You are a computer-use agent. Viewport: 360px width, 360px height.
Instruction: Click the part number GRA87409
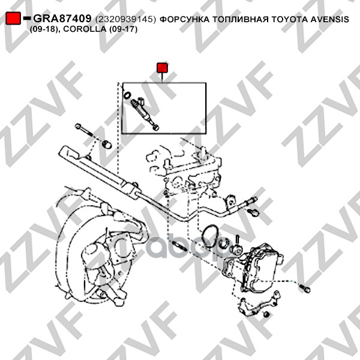coord(62,19)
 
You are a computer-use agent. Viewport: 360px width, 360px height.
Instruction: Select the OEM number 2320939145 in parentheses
coord(125,20)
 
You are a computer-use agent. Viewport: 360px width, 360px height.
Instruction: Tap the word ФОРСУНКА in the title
coord(184,20)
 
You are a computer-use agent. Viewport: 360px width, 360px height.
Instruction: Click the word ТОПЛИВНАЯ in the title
coord(240,20)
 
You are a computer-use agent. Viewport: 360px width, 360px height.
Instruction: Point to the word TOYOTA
coord(290,20)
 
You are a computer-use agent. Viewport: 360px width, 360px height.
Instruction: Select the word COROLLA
coord(85,29)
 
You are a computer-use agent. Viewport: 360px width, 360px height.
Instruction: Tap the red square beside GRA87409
coord(13,18)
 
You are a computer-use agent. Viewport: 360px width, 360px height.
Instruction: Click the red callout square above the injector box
coord(162,68)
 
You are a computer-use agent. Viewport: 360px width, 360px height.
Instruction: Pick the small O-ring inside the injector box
coord(127,95)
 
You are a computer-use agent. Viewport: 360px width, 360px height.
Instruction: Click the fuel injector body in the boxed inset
coord(144,114)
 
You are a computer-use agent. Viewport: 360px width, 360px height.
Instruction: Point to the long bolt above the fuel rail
coord(84,130)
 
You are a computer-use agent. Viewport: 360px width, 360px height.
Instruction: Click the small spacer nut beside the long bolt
coord(107,144)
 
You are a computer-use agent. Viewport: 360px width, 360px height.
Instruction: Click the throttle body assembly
coord(254,268)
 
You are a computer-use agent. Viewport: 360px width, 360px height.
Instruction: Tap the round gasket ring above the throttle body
coord(210,236)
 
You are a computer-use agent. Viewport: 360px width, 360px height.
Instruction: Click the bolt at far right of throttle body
coord(305,289)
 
